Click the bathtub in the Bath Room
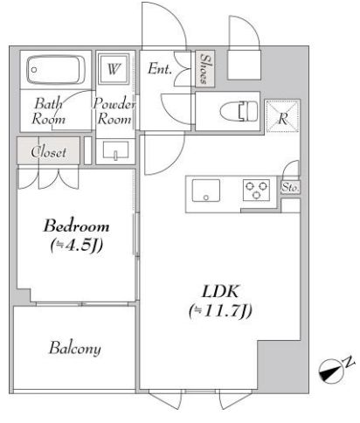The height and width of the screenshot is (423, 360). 56,70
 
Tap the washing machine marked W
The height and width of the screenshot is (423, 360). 114,69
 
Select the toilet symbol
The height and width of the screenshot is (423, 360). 239,111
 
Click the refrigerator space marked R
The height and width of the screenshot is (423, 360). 282,116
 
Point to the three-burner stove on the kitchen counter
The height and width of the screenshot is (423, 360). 256,190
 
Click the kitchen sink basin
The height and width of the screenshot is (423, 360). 206,191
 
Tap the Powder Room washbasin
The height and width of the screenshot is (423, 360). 115,150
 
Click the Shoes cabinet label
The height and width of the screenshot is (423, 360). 205,69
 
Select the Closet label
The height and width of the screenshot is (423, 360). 49,152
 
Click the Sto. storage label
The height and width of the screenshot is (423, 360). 290,187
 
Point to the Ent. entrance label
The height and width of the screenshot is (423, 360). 159,69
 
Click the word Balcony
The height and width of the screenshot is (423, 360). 75,348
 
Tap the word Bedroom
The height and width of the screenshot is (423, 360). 76,226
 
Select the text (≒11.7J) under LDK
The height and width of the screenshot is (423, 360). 220,311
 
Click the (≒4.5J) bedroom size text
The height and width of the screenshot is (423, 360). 77,246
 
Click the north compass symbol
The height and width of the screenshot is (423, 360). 331,371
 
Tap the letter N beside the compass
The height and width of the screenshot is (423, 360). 349,362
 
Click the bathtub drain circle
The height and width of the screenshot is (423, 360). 34,70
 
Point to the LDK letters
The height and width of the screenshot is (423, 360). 220,291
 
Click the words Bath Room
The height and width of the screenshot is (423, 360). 48,111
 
